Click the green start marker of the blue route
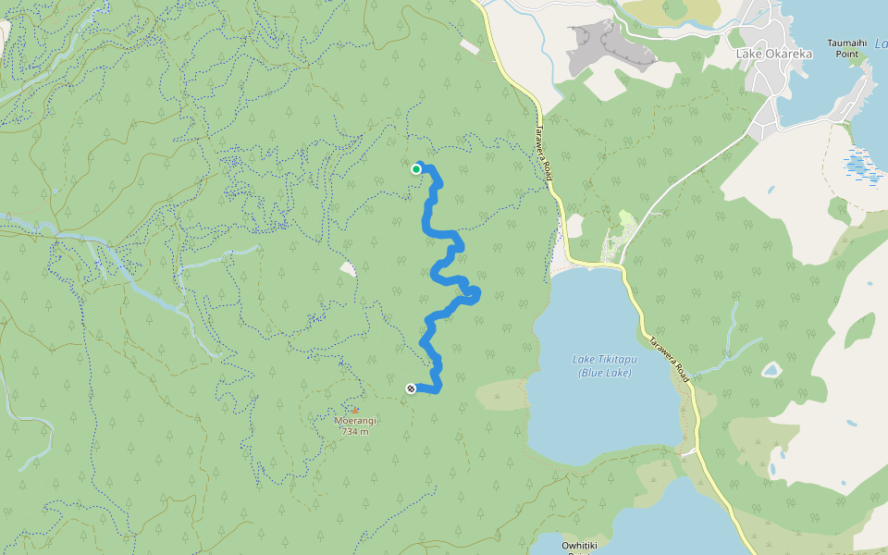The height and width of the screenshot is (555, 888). coord(416,168)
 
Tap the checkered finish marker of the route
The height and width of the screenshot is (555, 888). coord(411,388)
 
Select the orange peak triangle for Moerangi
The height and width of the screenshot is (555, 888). coord(354,410)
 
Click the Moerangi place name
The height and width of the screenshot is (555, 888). coord(355,421)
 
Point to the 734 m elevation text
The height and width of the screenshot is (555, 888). coord(355,431)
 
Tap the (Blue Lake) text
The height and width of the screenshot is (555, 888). coord(604,373)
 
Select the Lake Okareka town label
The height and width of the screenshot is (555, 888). coord(774,54)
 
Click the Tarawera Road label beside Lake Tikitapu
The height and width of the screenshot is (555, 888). coord(669,358)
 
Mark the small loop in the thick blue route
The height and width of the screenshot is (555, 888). coord(472,294)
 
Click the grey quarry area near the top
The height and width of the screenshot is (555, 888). coord(610,46)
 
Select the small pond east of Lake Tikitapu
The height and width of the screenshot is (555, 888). coord(771,370)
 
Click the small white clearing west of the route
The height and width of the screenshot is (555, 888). coord(348,268)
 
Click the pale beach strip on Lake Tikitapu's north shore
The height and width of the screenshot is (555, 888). coord(573,269)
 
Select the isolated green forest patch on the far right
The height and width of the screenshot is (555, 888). coord(859,330)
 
